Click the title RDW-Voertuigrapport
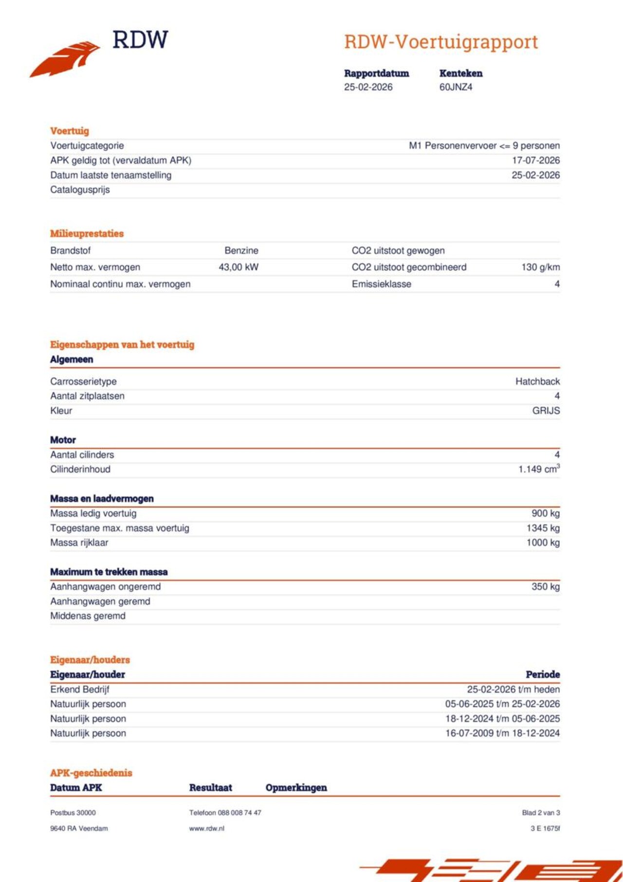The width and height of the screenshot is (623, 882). coord(441,42)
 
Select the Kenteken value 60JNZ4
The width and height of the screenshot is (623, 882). coord(456,87)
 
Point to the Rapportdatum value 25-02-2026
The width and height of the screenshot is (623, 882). coord(368,87)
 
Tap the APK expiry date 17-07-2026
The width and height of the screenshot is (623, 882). coord(535,160)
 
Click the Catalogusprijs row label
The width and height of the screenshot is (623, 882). coord(80,189)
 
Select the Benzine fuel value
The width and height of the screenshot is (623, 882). coord(241,250)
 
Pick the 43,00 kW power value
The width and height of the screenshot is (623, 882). coord(238,267)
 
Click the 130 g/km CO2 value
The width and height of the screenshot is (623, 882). coord(540,267)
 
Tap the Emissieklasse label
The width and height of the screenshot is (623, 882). coord(381,284)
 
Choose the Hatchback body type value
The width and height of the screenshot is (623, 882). coord(537,381)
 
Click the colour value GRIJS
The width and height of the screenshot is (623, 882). coord(546,410)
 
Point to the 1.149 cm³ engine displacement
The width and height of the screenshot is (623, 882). coord(539,469)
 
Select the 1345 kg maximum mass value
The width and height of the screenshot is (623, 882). coord(543,528)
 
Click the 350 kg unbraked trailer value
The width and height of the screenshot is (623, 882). coord(545,587)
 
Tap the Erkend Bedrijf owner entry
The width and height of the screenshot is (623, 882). coord(80,689)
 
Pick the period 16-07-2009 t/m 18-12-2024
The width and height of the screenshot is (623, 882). coord(502,733)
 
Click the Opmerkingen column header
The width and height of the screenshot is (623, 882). coord(296,788)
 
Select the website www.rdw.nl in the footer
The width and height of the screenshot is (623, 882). coord(207,828)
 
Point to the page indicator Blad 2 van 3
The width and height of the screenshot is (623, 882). coord(541,812)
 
